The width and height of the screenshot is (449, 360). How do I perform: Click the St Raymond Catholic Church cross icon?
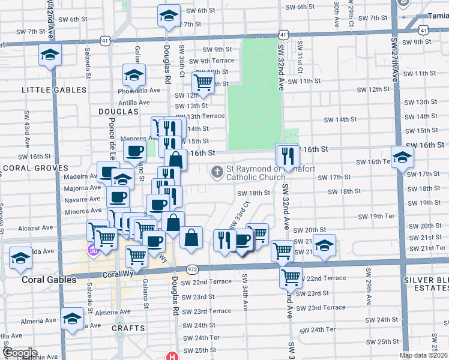[x=217, y=173]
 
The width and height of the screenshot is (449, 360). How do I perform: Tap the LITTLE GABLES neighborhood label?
[x=54, y=90]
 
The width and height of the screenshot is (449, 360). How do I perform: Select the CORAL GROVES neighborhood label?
[x=35, y=168]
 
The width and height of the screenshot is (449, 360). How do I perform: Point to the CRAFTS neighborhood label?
[x=128, y=328]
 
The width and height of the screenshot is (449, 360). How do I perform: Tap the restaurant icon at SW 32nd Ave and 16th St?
[x=288, y=155]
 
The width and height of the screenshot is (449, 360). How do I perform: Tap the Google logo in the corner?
[x=20, y=353]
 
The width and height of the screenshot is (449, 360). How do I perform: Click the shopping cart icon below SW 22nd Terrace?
[x=291, y=278]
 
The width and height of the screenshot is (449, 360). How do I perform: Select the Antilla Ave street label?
[x=134, y=102]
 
